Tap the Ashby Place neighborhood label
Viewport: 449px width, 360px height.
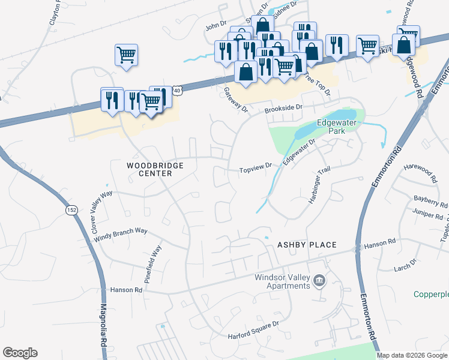[x=306, y=245]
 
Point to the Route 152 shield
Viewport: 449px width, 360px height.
[x=71, y=210]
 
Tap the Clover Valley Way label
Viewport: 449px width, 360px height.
[x=101, y=212]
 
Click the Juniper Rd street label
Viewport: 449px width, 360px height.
[x=427, y=214]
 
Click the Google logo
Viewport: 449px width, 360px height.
[x=20, y=353]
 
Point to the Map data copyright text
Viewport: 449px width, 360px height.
[x=412, y=355]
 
